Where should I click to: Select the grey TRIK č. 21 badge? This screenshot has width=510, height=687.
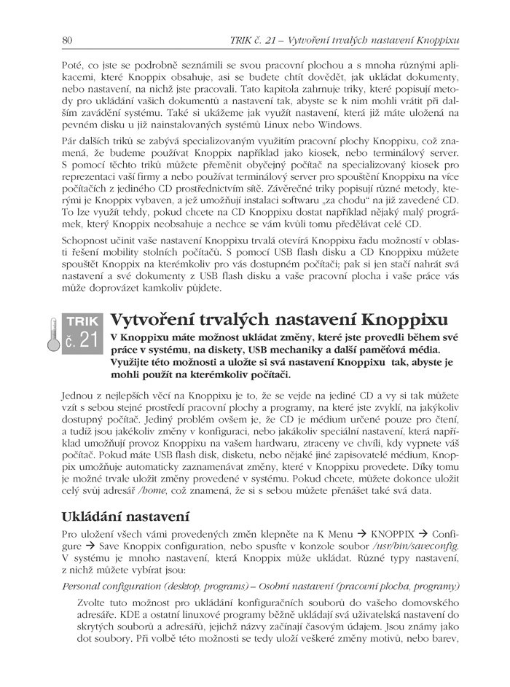click(79, 334)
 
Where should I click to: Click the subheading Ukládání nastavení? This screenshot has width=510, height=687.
click(125, 518)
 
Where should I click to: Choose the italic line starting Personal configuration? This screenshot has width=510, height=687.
click(262, 586)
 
